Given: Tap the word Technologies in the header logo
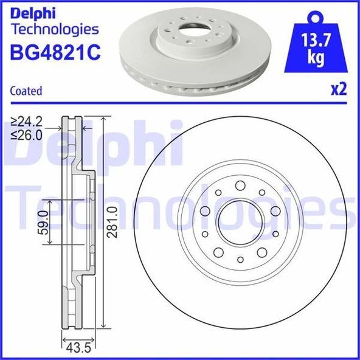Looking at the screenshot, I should (55, 29).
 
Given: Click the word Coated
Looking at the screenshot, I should (26, 91).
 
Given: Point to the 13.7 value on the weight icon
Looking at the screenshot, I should (316, 43).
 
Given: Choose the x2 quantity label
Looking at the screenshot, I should (338, 90).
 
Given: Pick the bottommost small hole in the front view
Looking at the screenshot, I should (240, 260).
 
